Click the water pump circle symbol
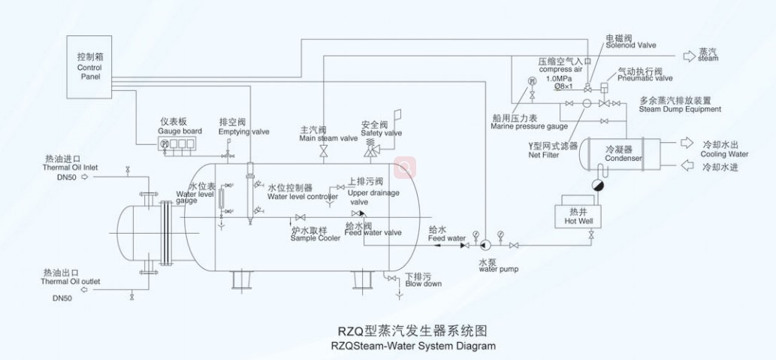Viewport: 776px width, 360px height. (485, 244)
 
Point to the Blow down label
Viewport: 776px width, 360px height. (423, 283)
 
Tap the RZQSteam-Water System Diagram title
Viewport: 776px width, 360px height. (413, 346)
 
